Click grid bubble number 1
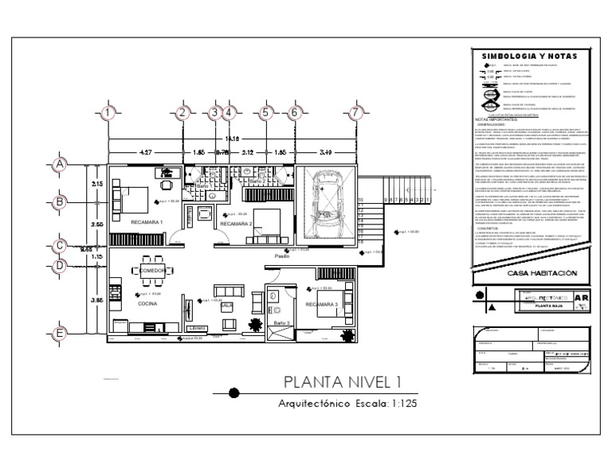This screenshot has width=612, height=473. pyautogui.click(x=108, y=112)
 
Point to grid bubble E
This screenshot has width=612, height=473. pyautogui.click(x=58, y=334)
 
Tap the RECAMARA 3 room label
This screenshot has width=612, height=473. pyautogui.click(x=321, y=304)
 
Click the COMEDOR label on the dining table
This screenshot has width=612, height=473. pyautogui.click(x=151, y=271)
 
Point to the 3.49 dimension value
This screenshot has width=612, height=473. pyautogui.click(x=327, y=150)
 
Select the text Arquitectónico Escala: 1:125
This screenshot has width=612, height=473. pyautogui.click(x=347, y=404)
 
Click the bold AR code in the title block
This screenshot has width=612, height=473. pyautogui.click(x=582, y=301)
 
